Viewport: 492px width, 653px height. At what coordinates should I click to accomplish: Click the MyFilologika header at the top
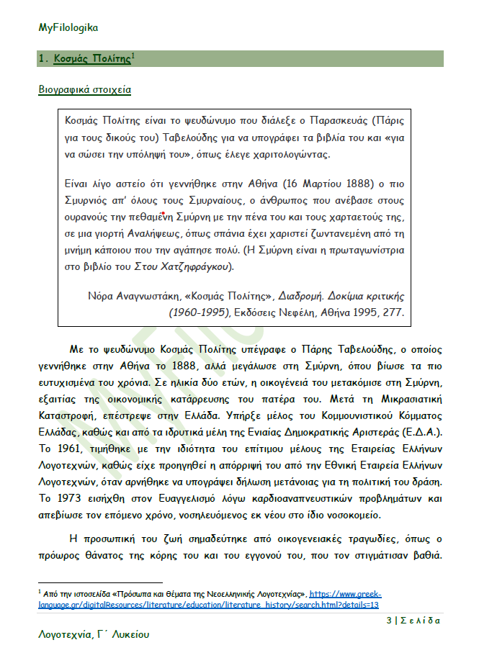[68, 27]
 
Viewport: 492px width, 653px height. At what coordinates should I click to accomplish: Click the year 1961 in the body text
[67, 447]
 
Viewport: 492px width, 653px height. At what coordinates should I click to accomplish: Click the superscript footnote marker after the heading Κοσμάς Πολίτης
[133, 55]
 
